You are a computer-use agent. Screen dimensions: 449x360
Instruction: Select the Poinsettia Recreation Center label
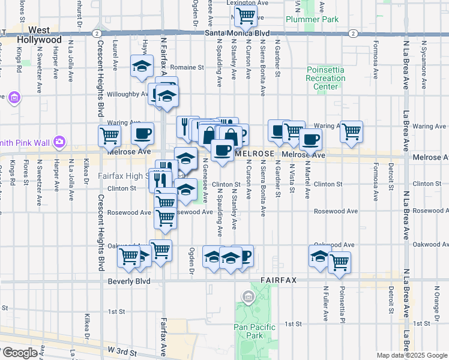[325, 78]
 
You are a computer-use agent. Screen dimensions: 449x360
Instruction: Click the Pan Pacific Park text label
[255, 331]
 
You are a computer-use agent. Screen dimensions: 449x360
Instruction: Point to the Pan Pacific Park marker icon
[247, 296]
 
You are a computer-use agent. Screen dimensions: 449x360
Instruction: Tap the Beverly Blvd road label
[128, 280]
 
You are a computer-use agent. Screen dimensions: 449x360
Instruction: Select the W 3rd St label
[122, 349]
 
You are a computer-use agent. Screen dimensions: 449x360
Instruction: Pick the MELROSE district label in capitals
[255, 154]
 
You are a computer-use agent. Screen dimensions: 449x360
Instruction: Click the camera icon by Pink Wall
[59, 142]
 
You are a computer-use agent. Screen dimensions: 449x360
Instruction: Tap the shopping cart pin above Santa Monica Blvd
[245, 16]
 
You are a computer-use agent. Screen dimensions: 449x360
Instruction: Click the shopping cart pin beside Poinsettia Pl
[340, 262]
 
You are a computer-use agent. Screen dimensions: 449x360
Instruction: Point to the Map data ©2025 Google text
[411, 355]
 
